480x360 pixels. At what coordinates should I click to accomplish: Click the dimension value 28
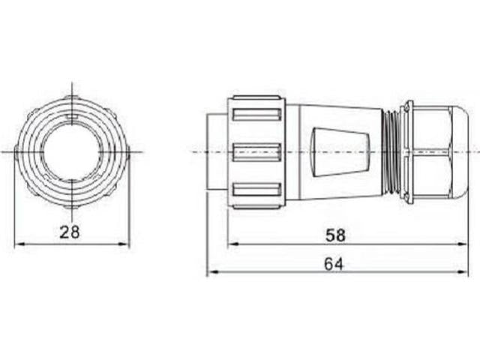pyautogui.click(x=70, y=232)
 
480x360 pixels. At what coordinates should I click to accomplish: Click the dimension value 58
pyautogui.click(x=335, y=235)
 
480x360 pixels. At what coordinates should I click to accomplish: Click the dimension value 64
pyautogui.click(x=335, y=263)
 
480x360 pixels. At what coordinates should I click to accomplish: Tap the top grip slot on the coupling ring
pyautogui.click(x=256, y=115)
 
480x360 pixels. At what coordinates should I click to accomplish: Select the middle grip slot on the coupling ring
pyautogui.click(x=256, y=152)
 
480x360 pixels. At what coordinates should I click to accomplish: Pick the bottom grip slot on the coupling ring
pyautogui.click(x=256, y=190)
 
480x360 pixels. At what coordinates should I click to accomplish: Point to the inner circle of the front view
pyautogui.click(x=71, y=151)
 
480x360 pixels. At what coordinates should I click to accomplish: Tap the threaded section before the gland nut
pyautogui.click(x=391, y=152)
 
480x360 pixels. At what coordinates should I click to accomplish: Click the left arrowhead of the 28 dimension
pyautogui.click(x=19, y=244)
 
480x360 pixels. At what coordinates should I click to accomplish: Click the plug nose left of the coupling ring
pyautogui.click(x=217, y=152)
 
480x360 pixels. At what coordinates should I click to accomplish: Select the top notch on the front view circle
pyautogui.click(x=71, y=117)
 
